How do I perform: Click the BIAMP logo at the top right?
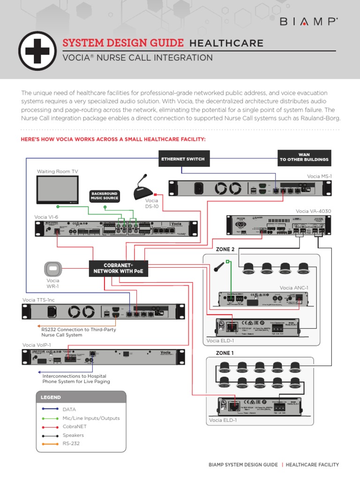309,21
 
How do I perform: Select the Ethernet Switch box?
183,159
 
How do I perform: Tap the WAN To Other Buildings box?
304,157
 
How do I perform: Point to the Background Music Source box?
104,196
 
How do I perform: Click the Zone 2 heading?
225,250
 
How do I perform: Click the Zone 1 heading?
225,353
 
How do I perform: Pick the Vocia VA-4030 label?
313,211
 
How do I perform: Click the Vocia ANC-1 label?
294,287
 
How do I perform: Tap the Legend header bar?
81,397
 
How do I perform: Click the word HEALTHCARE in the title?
226,44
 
